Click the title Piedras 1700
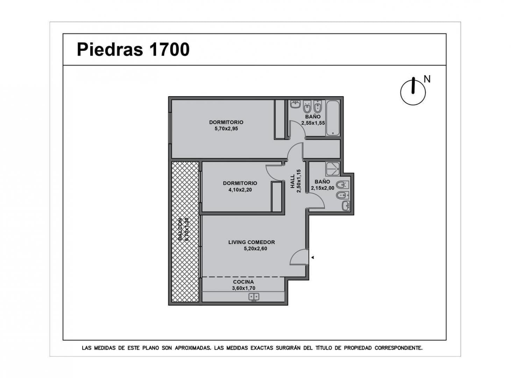133,49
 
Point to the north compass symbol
413,91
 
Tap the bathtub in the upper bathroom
333,118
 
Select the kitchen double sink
254,296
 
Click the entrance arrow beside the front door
313,258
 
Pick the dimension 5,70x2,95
226,129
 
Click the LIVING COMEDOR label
251,243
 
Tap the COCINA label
243,282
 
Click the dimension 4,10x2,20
240,190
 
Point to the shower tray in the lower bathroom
333,169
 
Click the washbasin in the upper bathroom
295,104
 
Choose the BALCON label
180,229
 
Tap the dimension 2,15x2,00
322,188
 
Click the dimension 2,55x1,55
313,123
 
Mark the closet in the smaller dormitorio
277,196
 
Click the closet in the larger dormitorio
280,119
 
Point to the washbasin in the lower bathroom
346,206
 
